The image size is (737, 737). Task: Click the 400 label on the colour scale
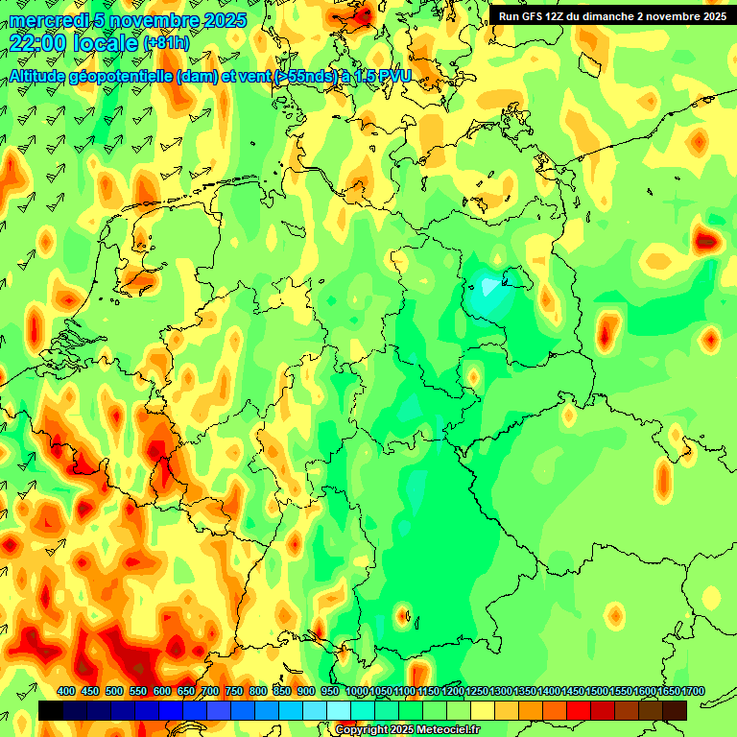point(66,691)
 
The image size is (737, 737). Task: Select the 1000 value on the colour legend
point(357,691)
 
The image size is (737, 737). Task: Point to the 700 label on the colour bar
point(210,691)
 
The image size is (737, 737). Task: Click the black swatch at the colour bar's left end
point(51,711)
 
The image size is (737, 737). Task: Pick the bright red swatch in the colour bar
point(579,711)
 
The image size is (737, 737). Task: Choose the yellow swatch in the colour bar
point(483,711)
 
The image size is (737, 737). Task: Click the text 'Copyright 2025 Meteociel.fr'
point(407,729)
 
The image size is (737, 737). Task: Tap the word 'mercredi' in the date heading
point(49,20)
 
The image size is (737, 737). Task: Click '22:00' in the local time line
point(38,42)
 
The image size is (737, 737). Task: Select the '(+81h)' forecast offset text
point(166,43)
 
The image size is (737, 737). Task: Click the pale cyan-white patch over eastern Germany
point(489,285)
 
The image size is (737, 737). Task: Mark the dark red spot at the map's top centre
point(362,14)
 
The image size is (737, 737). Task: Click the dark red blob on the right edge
point(708,240)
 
